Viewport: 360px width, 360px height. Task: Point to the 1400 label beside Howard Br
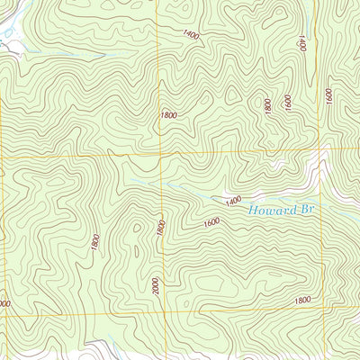[x=234, y=202]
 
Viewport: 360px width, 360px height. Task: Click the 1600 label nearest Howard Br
[x=211, y=222]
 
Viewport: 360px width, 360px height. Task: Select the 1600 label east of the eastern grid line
[x=330, y=94]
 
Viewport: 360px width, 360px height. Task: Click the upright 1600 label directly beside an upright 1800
[x=287, y=103]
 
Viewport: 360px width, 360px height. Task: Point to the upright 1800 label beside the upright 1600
[x=268, y=105]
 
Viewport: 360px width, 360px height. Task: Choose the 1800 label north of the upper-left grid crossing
[x=168, y=115]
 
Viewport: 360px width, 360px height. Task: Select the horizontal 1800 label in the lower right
[x=301, y=300]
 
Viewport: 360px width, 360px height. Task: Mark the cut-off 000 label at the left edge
[x=4, y=304]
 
